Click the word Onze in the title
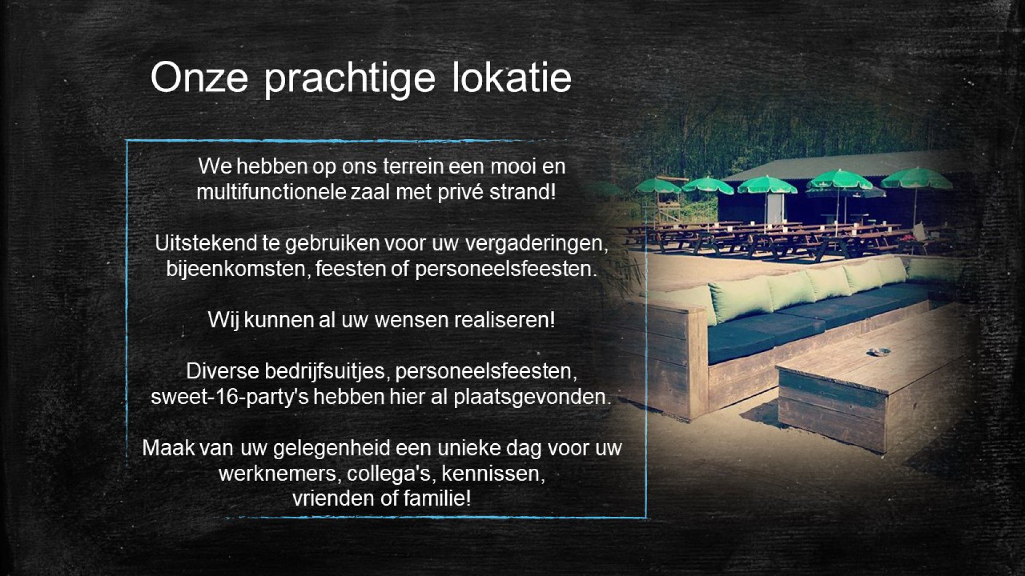(199, 78)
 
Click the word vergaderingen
(537, 244)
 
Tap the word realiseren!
(504, 319)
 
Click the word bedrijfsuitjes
(327, 371)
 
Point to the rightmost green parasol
(917, 179)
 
